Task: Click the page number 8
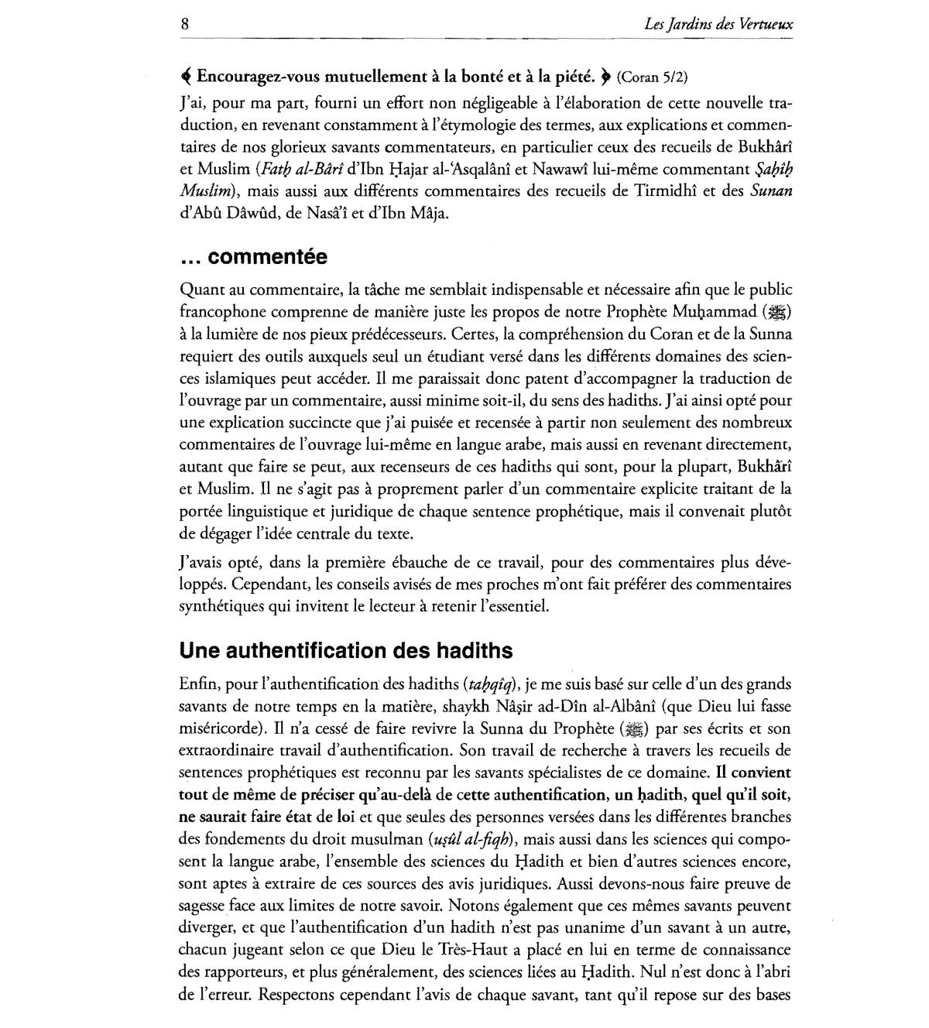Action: tap(184, 23)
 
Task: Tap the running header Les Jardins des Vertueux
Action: tap(718, 24)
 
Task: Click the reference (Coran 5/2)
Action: tap(652, 77)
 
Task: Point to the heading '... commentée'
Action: tap(253, 257)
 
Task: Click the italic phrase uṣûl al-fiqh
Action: tap(471, 839)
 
